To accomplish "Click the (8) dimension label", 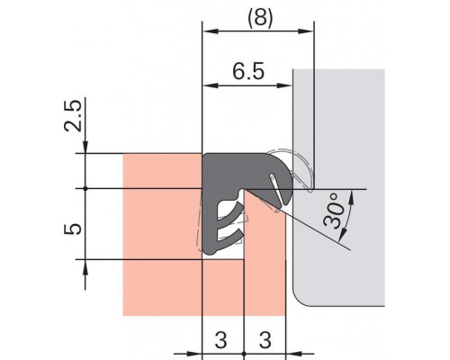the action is coord(260,18).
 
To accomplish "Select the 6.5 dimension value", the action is coord(248,71).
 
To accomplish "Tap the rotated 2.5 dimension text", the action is coord(73,116).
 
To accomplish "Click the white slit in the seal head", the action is coord(275,189).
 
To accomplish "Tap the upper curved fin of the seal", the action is coord(231,212).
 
